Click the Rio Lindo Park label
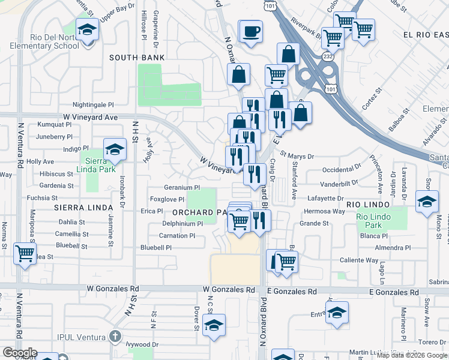[369, 221]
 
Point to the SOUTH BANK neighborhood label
[137, 58]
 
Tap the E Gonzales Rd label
[292, 292]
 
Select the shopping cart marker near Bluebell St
[25, 253]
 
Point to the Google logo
[19, 353]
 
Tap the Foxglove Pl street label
[166, 199]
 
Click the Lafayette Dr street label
[324, 198]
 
